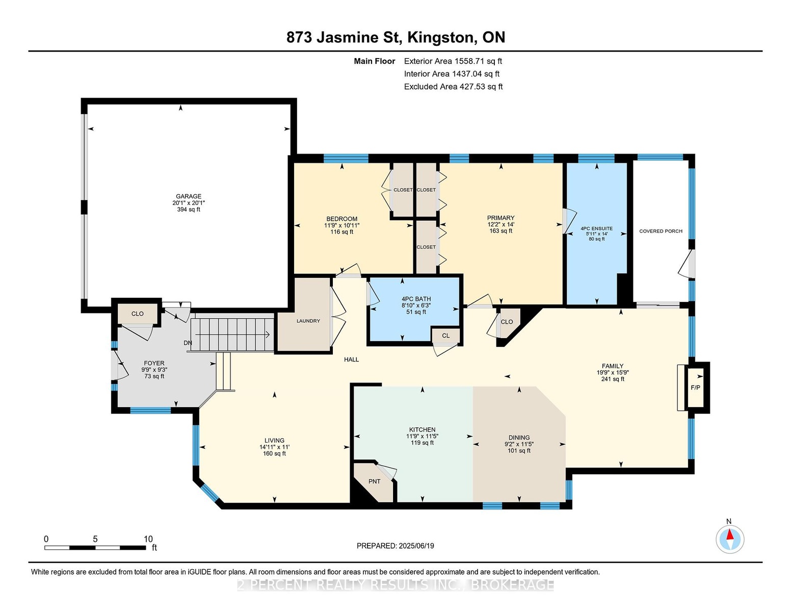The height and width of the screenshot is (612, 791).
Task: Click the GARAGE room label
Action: (188, 196)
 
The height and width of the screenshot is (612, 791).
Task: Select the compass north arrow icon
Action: (730, 540)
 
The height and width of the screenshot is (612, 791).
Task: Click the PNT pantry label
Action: (374, 481)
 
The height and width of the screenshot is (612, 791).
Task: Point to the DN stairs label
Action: (188, 343)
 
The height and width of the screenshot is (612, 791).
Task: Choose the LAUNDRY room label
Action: (308, 321)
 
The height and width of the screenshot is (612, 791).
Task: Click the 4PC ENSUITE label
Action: (597, 228)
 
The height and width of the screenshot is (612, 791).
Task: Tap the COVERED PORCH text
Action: (661, 231)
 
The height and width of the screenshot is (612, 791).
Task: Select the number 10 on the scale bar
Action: (148, 539)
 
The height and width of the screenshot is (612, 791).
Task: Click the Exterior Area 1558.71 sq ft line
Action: (453, 61)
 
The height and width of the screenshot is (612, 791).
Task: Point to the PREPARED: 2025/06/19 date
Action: (395, 546)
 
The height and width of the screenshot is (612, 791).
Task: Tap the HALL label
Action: (351, 360)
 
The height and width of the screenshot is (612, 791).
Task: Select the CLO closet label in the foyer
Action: (137, 314)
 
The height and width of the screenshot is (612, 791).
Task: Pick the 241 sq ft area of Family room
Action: (613, 379)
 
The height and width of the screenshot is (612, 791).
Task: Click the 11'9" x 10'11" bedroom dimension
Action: (341, 225)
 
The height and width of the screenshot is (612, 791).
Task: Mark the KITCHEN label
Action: (422, 429)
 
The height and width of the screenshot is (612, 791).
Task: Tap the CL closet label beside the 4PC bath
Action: (445, 336)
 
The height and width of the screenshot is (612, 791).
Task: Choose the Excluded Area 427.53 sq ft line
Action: (453, 87)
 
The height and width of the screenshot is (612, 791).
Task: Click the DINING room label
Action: (519, 438)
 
